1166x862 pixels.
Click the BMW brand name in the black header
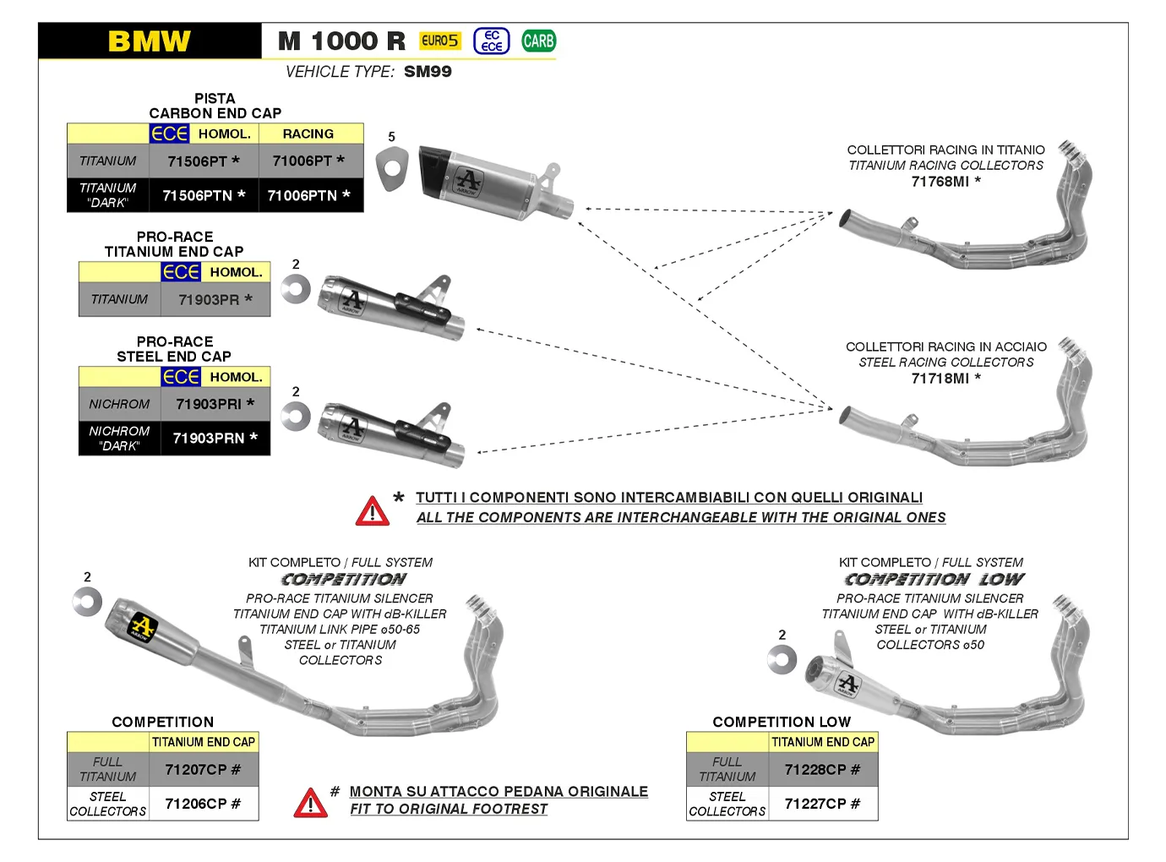point(150,41)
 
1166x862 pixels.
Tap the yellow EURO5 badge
point(440,41)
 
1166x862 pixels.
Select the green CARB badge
point(538,41)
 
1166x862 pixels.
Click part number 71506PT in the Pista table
point(204,161)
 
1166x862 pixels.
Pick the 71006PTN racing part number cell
point(308,195)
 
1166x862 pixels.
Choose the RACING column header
point(308,134)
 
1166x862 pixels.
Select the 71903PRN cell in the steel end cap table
point(215,438)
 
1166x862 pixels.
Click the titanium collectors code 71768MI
point(945,182)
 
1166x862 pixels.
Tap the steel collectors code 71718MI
point(945,379)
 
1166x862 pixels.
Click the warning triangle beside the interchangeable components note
point(373,511)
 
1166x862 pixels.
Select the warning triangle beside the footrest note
point(310,803)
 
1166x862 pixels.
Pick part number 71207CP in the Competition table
point(203,770)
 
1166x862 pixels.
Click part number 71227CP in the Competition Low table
point(822,804)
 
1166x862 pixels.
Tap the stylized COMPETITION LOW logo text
point(934,580)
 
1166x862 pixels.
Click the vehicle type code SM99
point(428,72)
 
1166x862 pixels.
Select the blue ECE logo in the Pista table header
point(169,134)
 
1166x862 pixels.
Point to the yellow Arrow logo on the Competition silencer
point(141,628)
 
